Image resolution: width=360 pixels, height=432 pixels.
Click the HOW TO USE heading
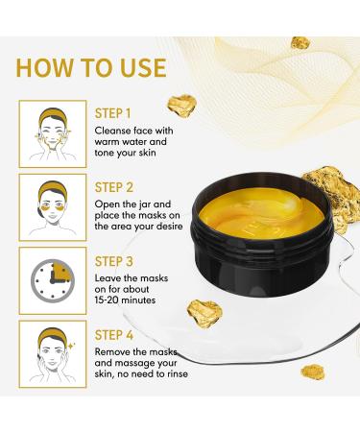91,67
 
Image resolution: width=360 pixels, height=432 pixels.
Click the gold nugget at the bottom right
313,371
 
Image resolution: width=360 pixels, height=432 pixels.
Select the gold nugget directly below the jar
204,311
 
